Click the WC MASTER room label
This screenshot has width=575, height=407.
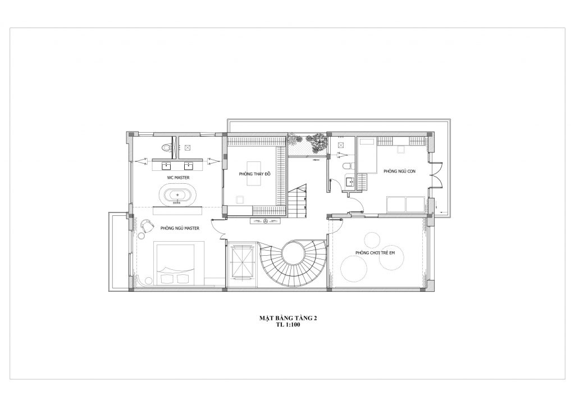tap(178, 178)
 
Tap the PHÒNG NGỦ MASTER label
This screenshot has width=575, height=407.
tap(180, 228)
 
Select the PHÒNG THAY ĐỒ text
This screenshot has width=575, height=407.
tap(254, 174)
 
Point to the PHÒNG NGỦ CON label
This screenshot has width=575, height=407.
tap(399, 171)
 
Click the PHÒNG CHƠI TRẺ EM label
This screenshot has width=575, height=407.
tap(375, 253)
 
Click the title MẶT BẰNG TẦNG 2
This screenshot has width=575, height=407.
tap(288, 318)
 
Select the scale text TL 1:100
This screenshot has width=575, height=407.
tap(288, 325)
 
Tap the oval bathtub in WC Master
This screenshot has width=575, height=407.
tap(178, 195)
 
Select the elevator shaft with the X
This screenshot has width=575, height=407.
tap(240, 263)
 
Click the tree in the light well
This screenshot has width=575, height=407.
tap(316, 142)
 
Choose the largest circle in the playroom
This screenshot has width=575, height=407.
tap(354, 268)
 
